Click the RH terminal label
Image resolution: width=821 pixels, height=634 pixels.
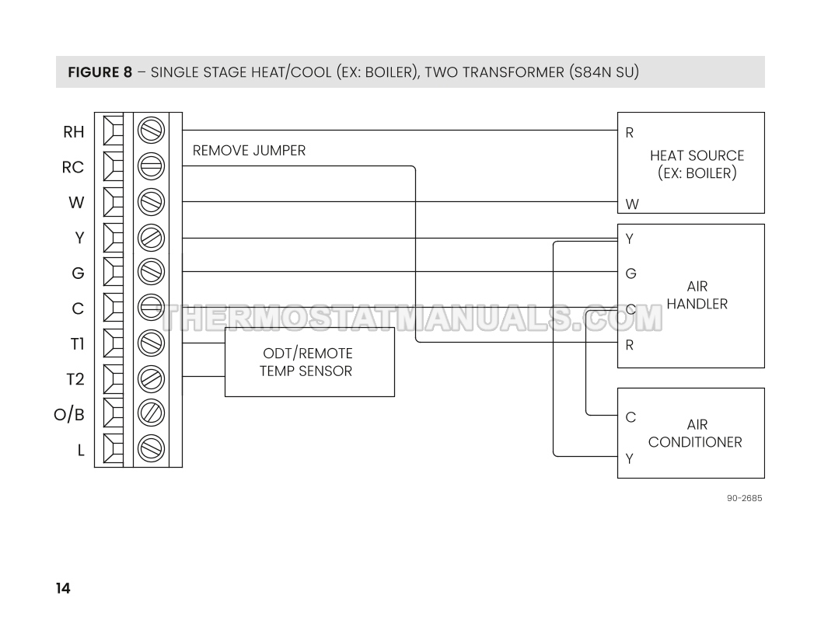(x=73, y=132)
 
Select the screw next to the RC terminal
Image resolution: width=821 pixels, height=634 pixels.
(x=151, y=166)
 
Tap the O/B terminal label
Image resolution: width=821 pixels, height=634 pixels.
(x=68, y=414)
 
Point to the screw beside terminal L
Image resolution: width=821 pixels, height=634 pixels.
(x=151, y=448)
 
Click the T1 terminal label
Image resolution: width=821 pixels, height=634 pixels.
(x=75, y=343)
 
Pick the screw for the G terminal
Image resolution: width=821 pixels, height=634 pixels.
(x=151, y=272)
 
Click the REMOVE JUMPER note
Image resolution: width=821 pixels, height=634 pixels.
(x=249, y=151)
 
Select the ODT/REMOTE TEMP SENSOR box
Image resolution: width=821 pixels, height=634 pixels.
(x=309, y=362)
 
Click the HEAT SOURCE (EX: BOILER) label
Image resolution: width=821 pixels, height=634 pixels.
(x=697, y=164)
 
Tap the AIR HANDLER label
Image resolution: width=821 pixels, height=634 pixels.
(x=697, y=295)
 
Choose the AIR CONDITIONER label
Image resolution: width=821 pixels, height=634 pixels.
(x=695, y=434)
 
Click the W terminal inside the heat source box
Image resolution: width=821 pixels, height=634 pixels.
(x=632, y=204)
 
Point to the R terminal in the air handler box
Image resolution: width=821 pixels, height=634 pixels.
(x=630, y=345)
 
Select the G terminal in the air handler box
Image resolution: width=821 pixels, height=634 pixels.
(x=631, y=273)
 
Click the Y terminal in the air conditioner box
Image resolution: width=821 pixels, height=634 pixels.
(x=630, y=458)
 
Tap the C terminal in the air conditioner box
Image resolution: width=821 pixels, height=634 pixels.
(x=631, y=417)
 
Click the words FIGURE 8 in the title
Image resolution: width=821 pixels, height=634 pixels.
(x=100, y=73)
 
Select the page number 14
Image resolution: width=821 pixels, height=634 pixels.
(x=63, y=588)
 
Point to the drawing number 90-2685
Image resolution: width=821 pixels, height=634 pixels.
(x=744, y=497)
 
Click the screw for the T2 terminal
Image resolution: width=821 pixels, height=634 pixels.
(x=151, y=378)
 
